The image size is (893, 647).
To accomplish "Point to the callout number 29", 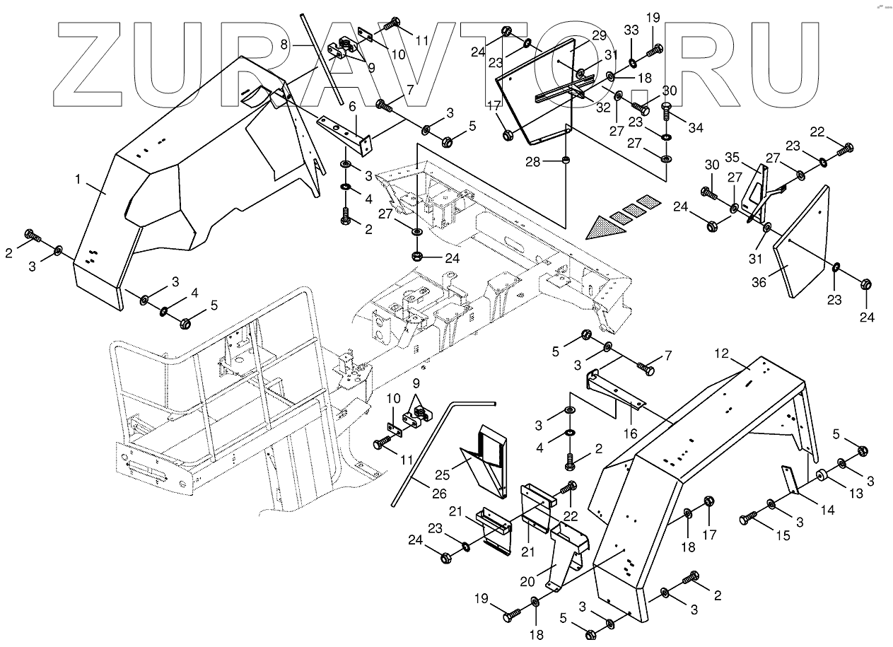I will click(599, 35).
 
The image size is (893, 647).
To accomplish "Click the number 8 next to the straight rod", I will click(284, 44).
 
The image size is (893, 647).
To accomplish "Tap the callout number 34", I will click(696, 127).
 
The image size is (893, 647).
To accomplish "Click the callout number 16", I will click(630, 433).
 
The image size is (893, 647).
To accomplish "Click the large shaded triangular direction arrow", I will click(606, 228).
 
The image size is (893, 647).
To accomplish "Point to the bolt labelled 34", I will click(667, 110).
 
